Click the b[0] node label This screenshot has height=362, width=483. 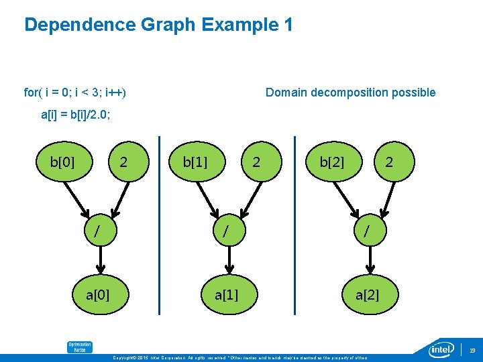point(62,162)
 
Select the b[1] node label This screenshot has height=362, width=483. point(195,162)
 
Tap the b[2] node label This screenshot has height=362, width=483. point(332,162)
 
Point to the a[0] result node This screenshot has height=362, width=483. point(98,295)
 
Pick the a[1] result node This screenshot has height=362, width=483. point(226,295)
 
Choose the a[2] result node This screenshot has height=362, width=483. point(367,295)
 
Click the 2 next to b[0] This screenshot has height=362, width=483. point(123,162)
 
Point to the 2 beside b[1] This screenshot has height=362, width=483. point(255,162)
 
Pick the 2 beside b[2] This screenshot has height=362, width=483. point(389,162)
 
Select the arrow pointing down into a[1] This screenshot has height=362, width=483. point(229,262)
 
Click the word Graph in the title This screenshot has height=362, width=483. point(169,25)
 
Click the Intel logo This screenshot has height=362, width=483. point(443,349)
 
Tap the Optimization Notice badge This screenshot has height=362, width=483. point(79,347)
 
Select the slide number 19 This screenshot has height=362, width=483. point(472,350)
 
